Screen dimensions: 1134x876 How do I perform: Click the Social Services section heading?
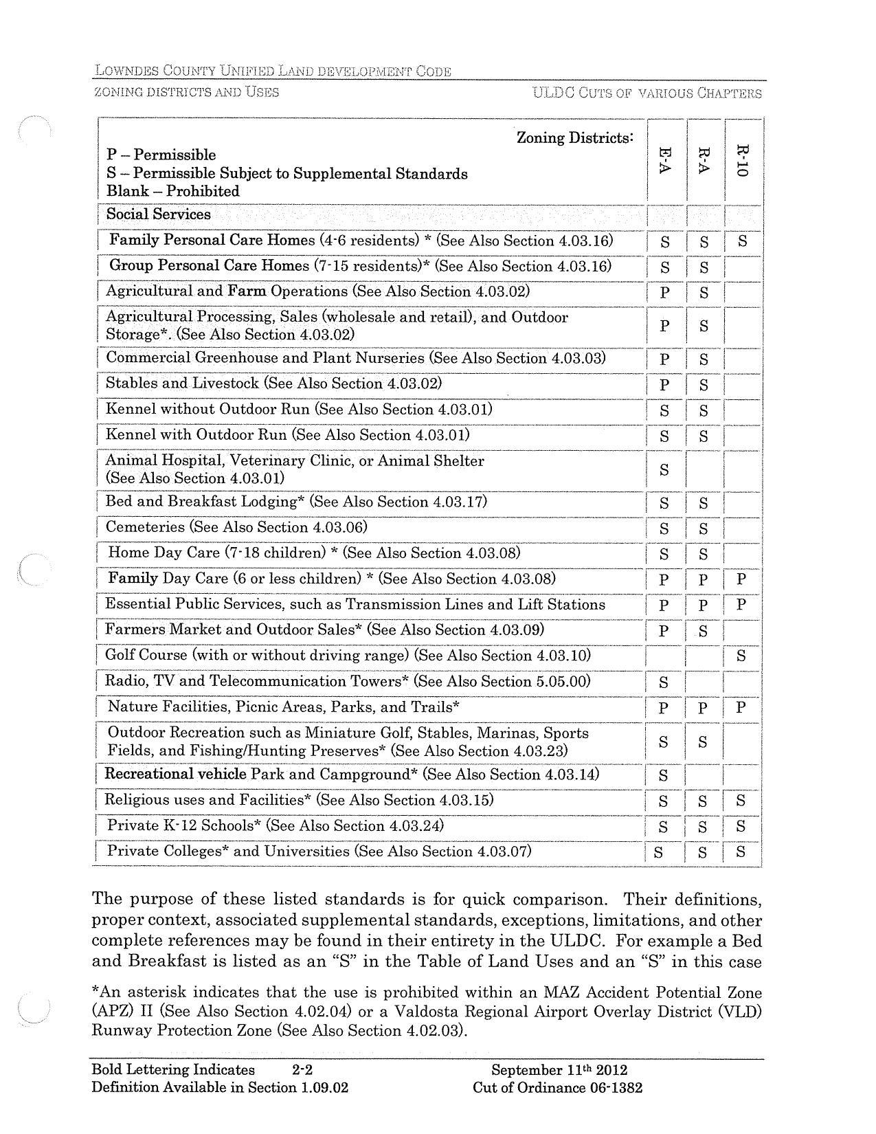159,214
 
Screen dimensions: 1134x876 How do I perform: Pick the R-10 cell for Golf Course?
741,656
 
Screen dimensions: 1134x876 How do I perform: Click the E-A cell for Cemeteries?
664,529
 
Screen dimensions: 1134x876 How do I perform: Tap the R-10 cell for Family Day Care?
741,579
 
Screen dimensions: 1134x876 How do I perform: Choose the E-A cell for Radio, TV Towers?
664,682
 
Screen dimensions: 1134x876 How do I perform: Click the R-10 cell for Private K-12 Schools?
741,827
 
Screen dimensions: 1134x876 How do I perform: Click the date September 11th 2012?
559,1070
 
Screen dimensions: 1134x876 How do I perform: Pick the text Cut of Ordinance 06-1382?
558,1088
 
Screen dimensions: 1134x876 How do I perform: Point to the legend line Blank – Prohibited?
173,192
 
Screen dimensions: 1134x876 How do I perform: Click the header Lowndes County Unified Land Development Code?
273,71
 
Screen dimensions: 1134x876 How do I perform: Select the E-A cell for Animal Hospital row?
664,470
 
